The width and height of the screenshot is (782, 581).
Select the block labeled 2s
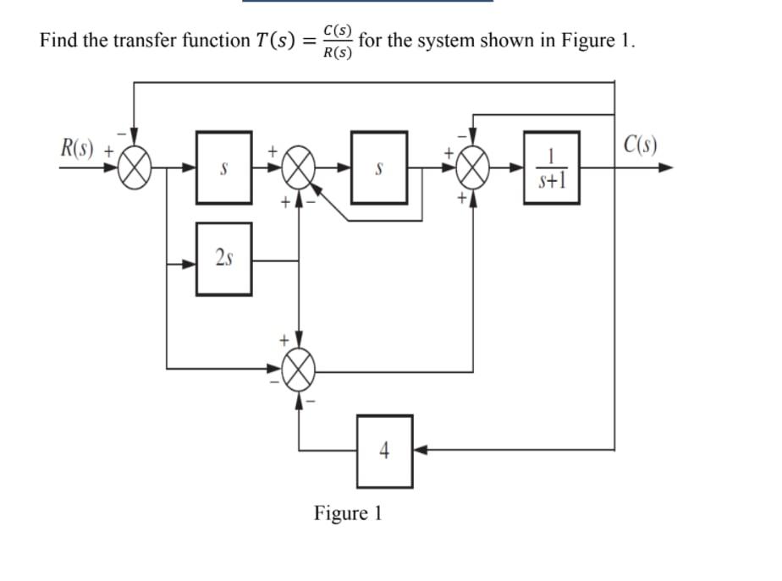point(223,259)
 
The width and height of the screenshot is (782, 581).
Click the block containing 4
point(384,451)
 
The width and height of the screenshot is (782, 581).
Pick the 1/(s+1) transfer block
point(552,167)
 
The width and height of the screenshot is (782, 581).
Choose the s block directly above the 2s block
point(223,167)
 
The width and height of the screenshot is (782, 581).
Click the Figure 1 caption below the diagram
point(348,513)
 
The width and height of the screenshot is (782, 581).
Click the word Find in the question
point(58,41)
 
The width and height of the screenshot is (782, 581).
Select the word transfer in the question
point(140,41)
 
